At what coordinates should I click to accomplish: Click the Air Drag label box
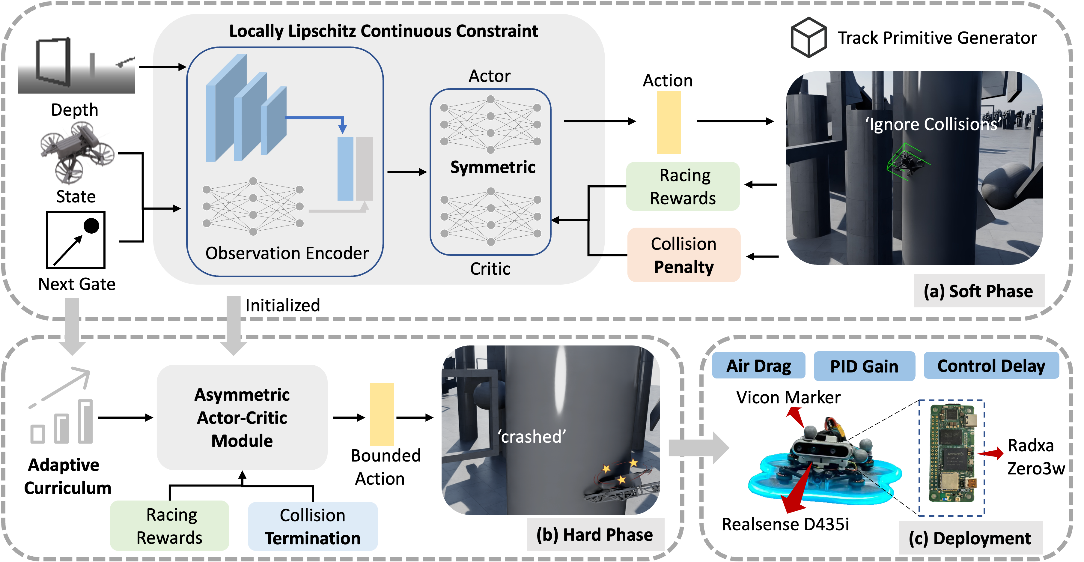[758, 366]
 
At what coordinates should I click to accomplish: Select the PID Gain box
[864, 366]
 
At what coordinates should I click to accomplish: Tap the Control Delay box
[991, 366]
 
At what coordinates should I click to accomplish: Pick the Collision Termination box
[312, 527]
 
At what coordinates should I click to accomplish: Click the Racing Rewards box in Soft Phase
[683, 187]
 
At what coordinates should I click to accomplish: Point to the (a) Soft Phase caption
[978, 291]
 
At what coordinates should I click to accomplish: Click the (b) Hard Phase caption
[594, 535]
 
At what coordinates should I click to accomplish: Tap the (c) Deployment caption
[970, 538]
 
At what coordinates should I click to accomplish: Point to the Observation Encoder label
[287, 253]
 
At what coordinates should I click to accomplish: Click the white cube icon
[809, 37]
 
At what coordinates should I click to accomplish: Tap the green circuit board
[952, 454]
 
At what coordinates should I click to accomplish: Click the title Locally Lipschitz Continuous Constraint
[383, 31]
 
